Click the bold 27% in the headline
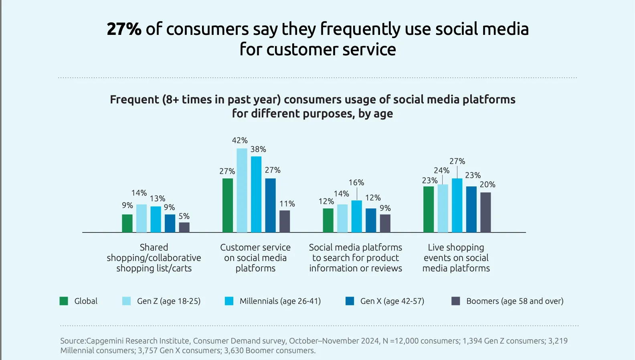coord(124,29)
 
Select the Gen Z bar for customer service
coord(242,190)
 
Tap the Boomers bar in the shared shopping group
coord(184,227)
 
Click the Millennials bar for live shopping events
coord(457,205)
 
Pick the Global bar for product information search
coord(328,220)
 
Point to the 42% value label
coord(240,140)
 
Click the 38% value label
coord(258,149)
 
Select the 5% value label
coord(184,216)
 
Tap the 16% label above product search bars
coord(356,182)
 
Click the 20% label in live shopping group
coord(487,184)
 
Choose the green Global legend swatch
coord(64,301)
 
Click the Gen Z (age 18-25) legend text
coord(169,301)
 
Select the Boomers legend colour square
coord(455,301)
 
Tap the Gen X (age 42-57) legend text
coord(392,301)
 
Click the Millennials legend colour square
coord(229,301)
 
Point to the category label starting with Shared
coord(154,258)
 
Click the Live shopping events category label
coord(456,258)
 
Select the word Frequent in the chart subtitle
coord(135,100)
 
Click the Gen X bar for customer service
coord(271,205)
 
